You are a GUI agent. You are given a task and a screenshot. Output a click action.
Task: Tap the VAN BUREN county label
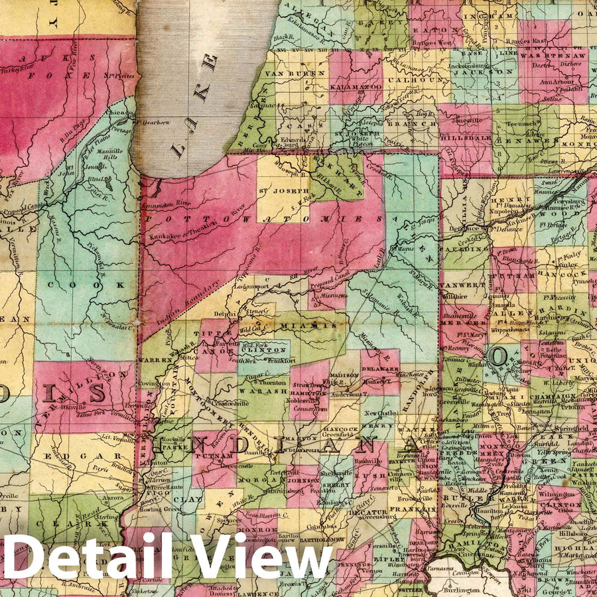tap(288, 74)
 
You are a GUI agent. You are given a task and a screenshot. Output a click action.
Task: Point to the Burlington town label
tap(462, 589)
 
